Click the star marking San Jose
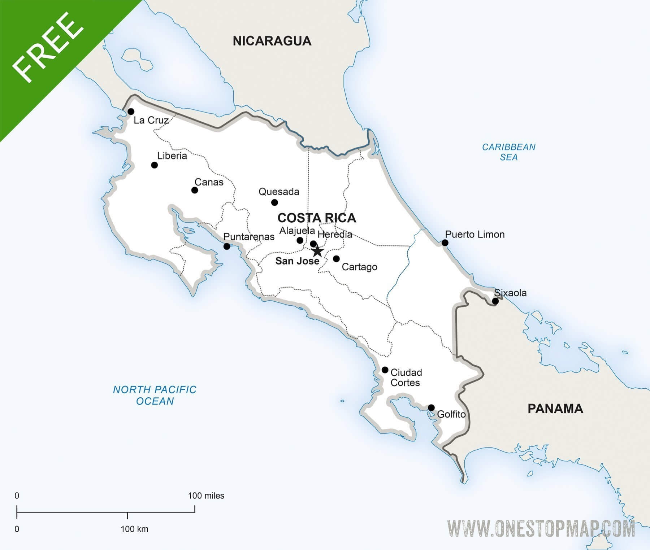click(317, 251)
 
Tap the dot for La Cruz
click(131, 112)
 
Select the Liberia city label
click(172, 156)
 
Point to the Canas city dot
click(195, 190)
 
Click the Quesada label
click(279, 192)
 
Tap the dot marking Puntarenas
click(227, 246)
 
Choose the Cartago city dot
click(336, 259)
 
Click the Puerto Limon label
click(474, 235)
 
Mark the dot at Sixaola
click(495, 301)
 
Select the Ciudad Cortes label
click(406, 377)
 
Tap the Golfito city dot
click(431, 408)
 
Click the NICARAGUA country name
click(272, 41)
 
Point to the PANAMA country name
click(555, 409)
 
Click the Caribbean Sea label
click(508, 152)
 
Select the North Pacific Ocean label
click(155, 395)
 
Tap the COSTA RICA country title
click(317, 218)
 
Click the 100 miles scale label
click(206, 496)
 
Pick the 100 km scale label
click(134, 529)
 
